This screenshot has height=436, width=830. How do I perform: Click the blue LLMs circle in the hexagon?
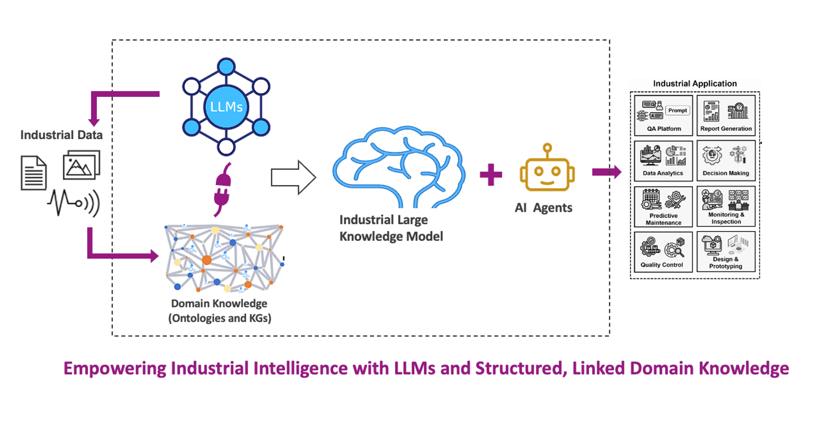coord(226,107)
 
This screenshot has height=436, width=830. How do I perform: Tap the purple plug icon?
coord(223,189)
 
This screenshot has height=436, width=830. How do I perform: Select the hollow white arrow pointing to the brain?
coord(293,178)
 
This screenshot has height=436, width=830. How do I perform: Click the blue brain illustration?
coord(399,167)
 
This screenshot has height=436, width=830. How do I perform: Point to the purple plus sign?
coord(491,175)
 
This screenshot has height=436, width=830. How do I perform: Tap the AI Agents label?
coord(543,208)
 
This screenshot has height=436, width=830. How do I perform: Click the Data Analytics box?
coord(663,161)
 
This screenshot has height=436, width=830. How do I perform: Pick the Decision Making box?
coord(726,161)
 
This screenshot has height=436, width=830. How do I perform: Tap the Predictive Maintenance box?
coord(663,207)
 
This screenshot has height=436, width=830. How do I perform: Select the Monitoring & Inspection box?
coord(726,206)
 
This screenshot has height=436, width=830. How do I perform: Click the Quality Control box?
coord(663,252)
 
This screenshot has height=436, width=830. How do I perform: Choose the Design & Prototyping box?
coord(726,252)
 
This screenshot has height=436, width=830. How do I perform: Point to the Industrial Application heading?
coord(695,84)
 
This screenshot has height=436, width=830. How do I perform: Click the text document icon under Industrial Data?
coord(33,172)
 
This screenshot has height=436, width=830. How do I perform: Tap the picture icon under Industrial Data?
coord(81,166)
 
